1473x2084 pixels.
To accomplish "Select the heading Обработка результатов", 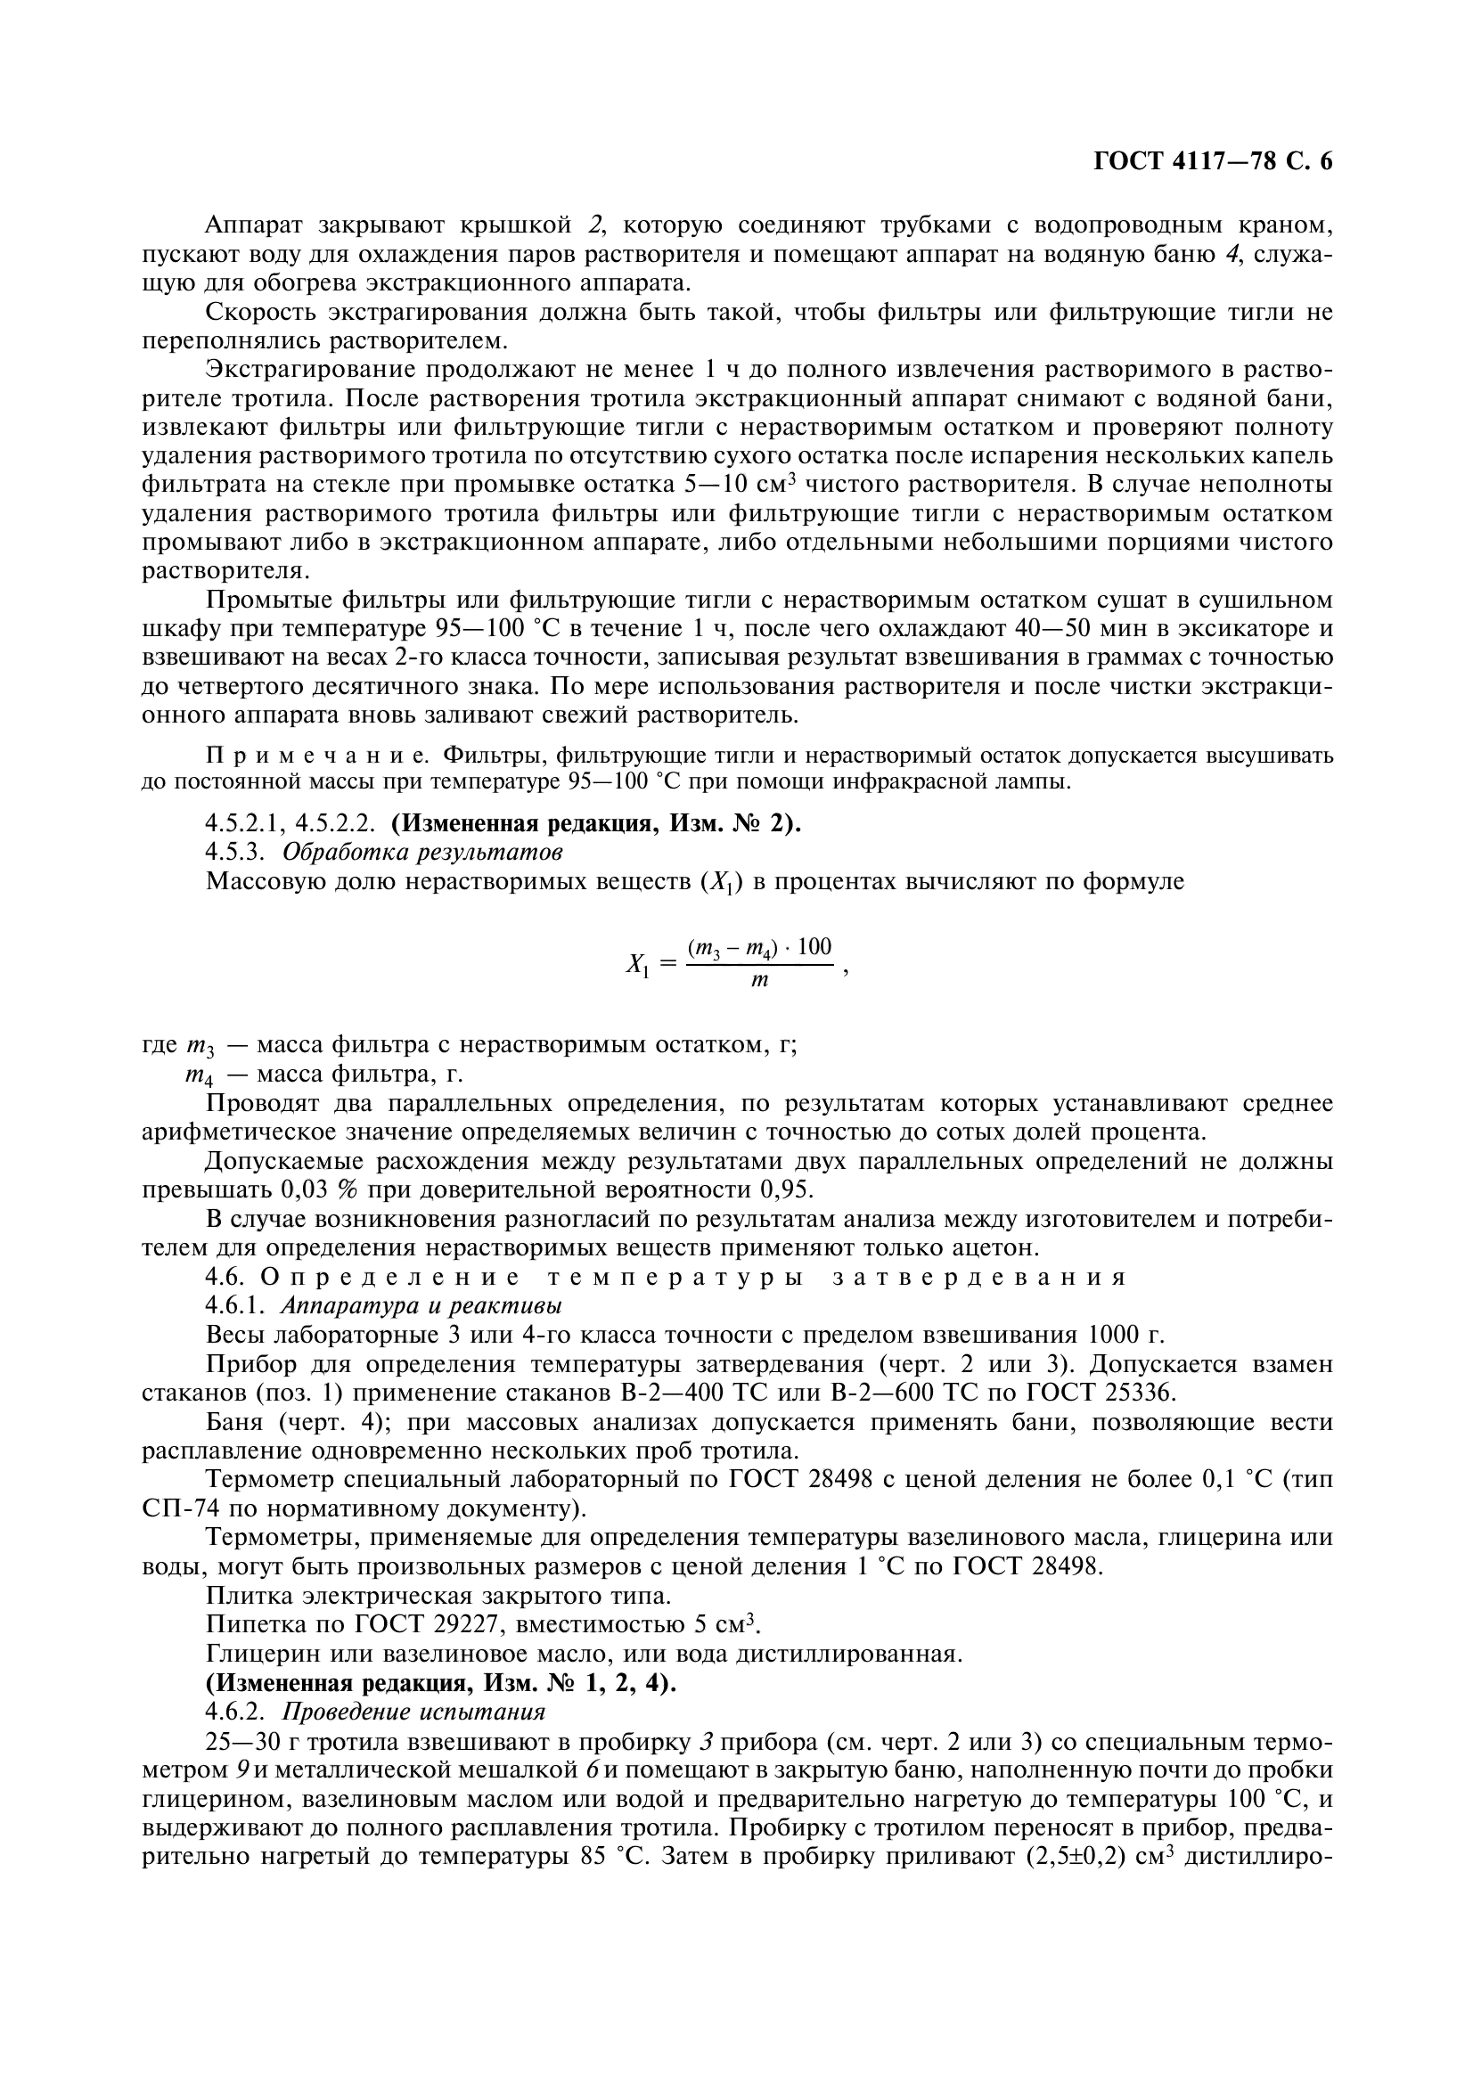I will click(x=422, y=853).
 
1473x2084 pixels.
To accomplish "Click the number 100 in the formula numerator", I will click(x=814, y=948).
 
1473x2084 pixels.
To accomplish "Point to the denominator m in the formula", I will click(x=759, y=981).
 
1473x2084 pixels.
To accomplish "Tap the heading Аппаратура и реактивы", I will click(x=421, y=1306).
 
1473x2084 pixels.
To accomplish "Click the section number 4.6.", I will click(x=225, y=1277).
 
